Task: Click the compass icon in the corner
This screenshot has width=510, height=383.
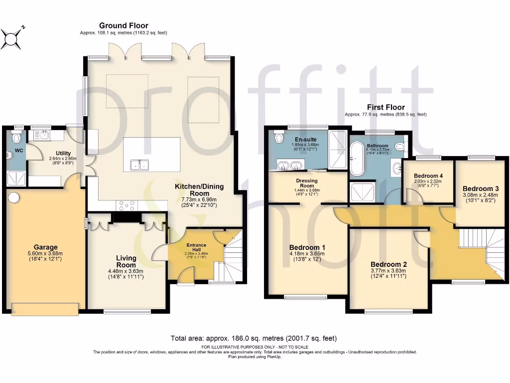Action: click(12, 38)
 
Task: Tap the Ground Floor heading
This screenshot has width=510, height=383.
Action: click(124, 25)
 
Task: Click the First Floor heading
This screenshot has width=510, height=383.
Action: click(385, 107)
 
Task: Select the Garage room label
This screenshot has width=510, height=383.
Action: click(45, 247)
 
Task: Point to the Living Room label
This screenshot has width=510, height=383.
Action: click(126, 261)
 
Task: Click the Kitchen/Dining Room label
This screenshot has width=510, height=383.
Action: click(199, 190)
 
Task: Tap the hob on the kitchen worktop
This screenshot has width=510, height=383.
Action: click(128, 204)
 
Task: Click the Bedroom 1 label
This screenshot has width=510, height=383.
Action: click(307, 247)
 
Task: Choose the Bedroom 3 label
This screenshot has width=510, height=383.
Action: click(480, 189)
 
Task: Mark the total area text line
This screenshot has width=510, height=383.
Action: click(255, 338)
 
